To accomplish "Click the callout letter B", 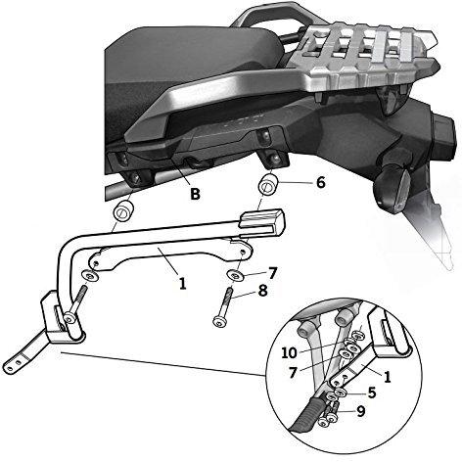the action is click(x=195, y=194).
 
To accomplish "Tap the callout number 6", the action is click(x=321, y=182).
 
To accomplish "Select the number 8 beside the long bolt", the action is click(x=262, y=291).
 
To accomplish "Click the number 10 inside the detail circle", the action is click(x=289, y=352).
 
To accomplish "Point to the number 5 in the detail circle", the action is click(x=372, y=393).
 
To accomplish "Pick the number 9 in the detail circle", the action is click(x=360, y=411).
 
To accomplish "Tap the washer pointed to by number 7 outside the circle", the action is click(x=237, y=275).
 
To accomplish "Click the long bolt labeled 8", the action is click(x=223, y=304).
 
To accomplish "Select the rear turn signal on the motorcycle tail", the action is click(x=392, y=188).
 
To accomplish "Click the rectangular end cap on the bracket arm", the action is click(x=262, y=222).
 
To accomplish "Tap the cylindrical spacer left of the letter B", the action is click(x=123, y=211).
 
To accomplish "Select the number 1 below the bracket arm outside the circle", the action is click(x=183, y=283).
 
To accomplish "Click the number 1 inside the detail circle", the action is click(x=387, y=377).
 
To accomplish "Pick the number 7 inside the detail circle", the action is click(x=293, y=373).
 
